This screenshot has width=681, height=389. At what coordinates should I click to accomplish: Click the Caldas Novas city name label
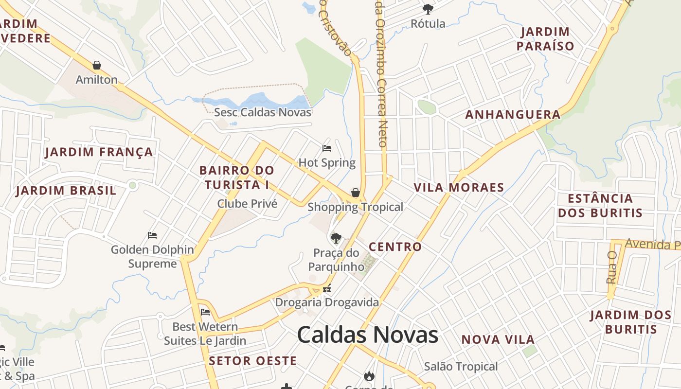(x=368, y=335)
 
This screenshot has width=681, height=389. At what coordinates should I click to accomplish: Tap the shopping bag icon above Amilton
(x=97, y=65)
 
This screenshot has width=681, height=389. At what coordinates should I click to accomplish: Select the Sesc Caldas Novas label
(x=263, y=112)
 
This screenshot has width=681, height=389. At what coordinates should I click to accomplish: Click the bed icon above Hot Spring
(x=327, y=148)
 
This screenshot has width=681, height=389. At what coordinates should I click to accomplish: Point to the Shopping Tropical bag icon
(x=356, y=193)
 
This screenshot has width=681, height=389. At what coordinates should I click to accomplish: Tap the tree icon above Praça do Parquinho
(x=336, y=238)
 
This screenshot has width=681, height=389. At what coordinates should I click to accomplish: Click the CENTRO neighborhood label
(x=395, y=247)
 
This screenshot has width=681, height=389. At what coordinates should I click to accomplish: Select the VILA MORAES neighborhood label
(x=459, y=187)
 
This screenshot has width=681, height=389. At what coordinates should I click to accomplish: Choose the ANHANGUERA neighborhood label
(x=513, y=115)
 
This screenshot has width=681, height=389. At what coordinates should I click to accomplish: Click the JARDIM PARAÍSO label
(x=545, y=39)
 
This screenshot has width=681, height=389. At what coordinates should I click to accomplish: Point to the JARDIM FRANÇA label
(x=99, y=152)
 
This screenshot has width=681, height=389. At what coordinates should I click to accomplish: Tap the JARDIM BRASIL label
(x=66, y=190)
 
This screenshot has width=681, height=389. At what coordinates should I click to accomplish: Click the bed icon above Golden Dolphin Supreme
(x=152, y=235)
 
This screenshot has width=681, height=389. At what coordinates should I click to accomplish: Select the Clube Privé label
(x=247, y=204)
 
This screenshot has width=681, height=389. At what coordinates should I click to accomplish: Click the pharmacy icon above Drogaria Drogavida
(x=327, y=289)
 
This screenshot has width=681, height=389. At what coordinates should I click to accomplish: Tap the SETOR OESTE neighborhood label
(x=252, y=361)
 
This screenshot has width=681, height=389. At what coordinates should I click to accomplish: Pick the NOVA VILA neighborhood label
(x=498, y=339)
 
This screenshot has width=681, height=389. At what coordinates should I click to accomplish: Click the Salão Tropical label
(x=461, y=366)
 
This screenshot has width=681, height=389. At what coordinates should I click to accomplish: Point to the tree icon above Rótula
(x=428, y=9)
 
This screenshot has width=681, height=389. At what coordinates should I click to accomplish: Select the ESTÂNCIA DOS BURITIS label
(x=600, y=206)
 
